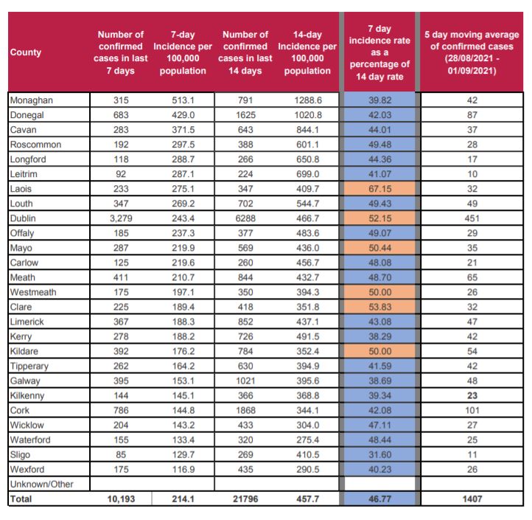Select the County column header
click(26, 52)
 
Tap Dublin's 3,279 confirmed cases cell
click(122, 218)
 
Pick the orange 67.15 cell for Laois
click(378, 189)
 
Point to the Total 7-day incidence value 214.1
click(182, 499)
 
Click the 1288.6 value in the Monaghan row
click(307, 100)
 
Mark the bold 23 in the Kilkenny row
click(472, 396)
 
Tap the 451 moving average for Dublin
click(472, 218)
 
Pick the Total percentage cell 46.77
click(378, 499)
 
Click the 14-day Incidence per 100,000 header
click(307, 52)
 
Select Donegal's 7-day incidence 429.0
click(182, 114)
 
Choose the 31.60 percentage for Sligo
click(378, 455)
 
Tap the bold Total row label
click(21, 499)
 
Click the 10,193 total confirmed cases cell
click(122, 499)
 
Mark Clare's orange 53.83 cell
click(378, 307)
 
